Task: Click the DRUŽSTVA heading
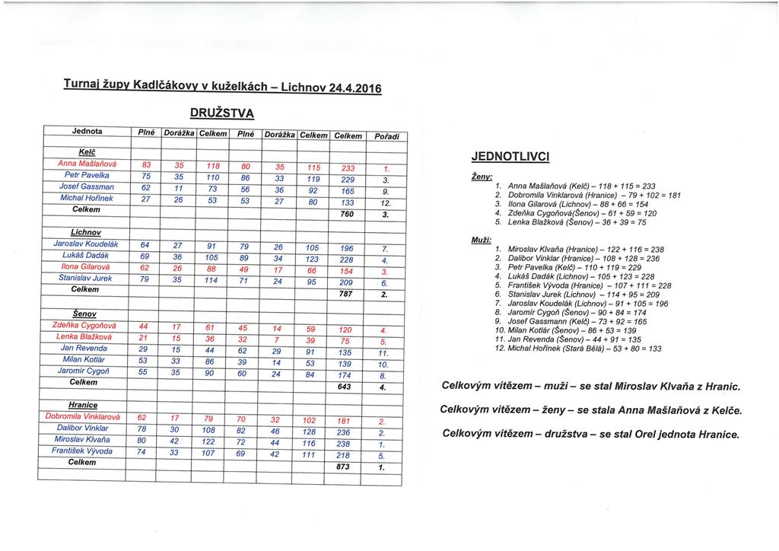point(221,113)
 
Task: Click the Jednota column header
point(86,132)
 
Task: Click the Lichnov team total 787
point(345,294)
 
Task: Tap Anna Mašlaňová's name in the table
point(86,164)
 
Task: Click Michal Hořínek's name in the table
point(86,198)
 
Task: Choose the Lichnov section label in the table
point(86,231)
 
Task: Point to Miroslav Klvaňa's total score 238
point(345,444)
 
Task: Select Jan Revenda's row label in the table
point(84,347)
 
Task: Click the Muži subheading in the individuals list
point(482,239)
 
